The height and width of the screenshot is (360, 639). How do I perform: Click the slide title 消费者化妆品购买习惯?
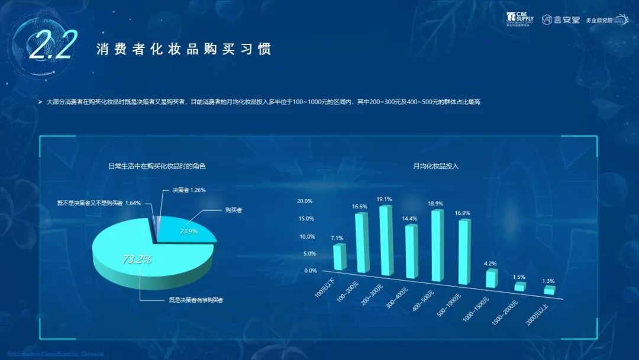[184, 49]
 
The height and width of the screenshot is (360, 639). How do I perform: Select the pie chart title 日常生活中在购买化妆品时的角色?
[157, 166]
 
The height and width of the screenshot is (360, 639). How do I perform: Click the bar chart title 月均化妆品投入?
[436, 166]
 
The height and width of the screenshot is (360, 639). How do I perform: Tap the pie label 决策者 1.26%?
[189, 190]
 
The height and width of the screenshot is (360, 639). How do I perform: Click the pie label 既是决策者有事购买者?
[196, 300]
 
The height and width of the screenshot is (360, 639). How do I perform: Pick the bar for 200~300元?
[386, 240]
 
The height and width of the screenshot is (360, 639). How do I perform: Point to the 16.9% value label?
[462, 213]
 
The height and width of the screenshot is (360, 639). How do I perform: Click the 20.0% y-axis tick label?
[305, 201]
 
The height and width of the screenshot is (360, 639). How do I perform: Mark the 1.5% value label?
[519, 277]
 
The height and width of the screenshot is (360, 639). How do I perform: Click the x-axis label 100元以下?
[324, 287]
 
